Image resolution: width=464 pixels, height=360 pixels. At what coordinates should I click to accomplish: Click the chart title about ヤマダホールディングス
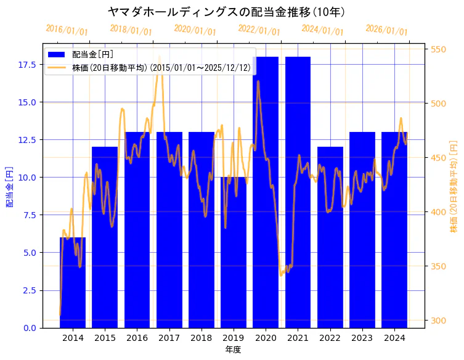[x=226, y=12]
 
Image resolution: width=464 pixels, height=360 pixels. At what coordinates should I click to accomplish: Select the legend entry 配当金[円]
[x=92, y=54]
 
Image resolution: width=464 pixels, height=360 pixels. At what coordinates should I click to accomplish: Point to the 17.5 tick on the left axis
[x=27, y=64]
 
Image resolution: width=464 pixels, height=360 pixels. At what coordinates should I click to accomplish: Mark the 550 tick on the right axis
[x=439, y=49]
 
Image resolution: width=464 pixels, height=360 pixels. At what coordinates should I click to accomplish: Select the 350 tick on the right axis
[x=439, y=266]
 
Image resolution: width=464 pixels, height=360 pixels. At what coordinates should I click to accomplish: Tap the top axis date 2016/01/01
[x=67, y=30]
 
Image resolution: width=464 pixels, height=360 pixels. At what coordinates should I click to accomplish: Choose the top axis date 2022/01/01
[x=259, y=30]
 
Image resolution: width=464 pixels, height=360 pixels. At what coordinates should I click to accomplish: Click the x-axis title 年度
[x=233, y=350]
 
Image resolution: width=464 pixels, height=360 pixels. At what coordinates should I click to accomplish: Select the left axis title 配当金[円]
[x=10, y=186]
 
